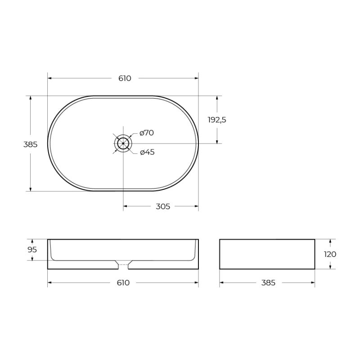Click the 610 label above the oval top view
(x=125, y=78)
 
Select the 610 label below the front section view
(x=123, y=283)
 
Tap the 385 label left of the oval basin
(x=30, y=144)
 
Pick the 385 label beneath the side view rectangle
(x=268, y=283)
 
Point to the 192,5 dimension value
(x=217, y=120)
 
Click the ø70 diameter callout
(x=147, y=133)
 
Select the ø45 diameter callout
(x=147, y=152)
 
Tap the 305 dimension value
(x=162, y=207)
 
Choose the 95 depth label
(x=32, y=250)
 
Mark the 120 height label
(x=330, y=254)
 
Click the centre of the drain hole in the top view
(x=123, y=144)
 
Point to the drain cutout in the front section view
(x=123, y=265)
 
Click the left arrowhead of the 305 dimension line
(x=126, y=207)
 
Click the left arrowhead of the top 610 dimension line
(x=50, y=78)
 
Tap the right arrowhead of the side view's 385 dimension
(x=312, y=283)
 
